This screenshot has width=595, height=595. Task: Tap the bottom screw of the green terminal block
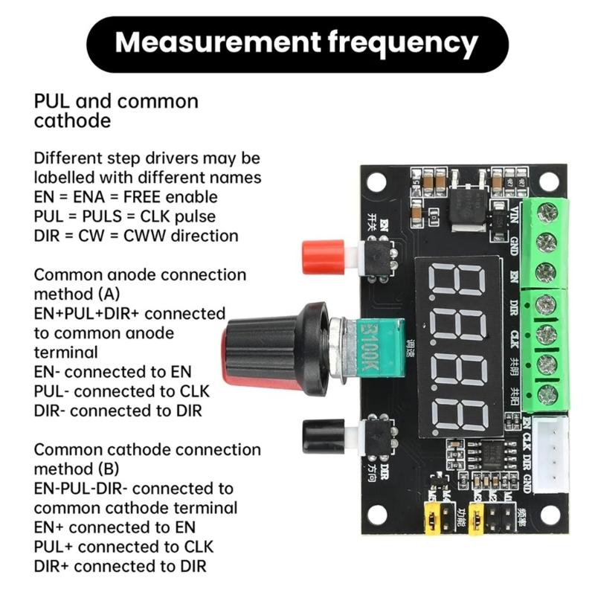pos(547,393)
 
